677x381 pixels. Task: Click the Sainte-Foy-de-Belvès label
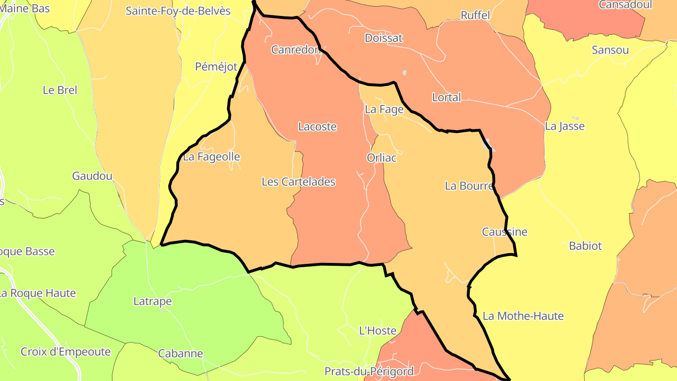point(178,11)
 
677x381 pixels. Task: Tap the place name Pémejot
point(216,67)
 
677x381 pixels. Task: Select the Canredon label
point(296,49)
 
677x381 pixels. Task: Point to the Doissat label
point(384,38)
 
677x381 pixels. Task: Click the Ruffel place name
point(475,15)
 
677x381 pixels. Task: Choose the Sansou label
point(610,50)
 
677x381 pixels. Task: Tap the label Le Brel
point(60,90)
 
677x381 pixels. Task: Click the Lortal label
point(446,97)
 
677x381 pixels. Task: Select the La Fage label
point(384,110)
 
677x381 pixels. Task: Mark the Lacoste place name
point(317,127)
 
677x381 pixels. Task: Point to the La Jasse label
point(565,126)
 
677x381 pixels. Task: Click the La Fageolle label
point(212,157)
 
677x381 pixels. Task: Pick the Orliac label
point(381,158)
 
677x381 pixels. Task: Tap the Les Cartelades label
point(299,182)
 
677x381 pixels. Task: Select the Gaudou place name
point(92,176)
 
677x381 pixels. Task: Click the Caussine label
point(504,232)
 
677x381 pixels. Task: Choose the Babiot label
point(585,246)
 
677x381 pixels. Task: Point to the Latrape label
point(152,301)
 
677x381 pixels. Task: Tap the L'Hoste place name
point(378,331)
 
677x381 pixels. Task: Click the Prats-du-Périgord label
point(369,372)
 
